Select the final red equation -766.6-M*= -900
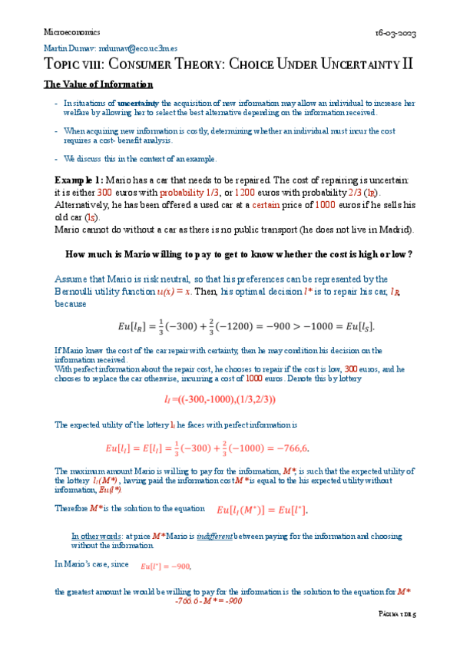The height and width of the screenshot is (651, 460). pyautogui.click(x=208, y=601)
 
